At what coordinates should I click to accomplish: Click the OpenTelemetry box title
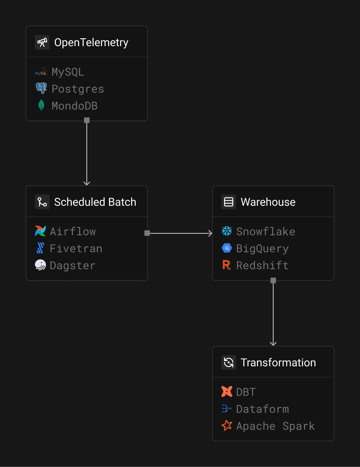[x=91, y=42]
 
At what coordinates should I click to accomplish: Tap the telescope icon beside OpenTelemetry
[x=42, y=42]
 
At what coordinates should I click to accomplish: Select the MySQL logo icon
[x=41, y=72]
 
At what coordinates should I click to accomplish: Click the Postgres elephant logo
[x=41, y=88]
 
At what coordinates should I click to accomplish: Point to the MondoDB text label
[x=74, y=106]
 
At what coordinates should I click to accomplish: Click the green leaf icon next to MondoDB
[x=41, y=105]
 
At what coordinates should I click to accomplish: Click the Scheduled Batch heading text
[x=95, y=202]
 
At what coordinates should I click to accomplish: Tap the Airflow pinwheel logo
[x=40, y=231]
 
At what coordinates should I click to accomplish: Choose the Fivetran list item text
[x=76, y=248]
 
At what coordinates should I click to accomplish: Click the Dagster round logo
[x=40, y=265]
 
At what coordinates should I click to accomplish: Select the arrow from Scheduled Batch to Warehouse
[x=179, y=233]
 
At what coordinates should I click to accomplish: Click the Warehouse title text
[x=268, y=202]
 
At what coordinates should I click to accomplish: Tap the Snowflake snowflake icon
[x=227, y=231]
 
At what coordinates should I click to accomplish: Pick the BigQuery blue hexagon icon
[x=227, y=248]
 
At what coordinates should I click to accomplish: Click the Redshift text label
[x=262, y=265]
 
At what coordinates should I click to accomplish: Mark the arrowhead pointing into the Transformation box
[x=273, y=343]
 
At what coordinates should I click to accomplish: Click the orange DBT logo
[x=227, y=391]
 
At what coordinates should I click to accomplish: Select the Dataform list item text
[x=262, y=409]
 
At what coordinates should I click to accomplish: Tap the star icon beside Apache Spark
[x=227, y=425]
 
